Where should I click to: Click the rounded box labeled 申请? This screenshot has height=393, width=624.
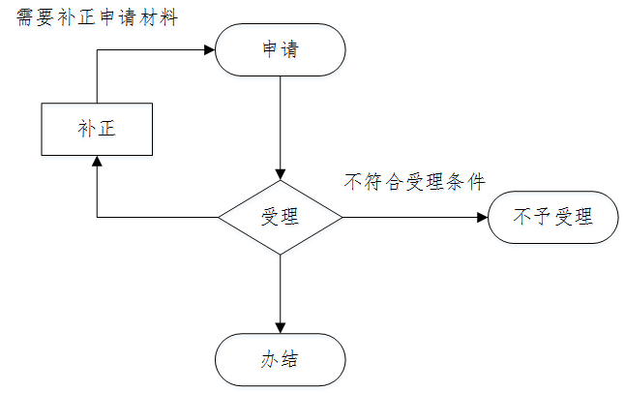coord(280,49)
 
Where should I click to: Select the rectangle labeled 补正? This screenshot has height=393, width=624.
coord(97,130)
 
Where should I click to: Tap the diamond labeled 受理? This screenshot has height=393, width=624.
coord(280,217)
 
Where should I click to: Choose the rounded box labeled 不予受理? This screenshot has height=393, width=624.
coord(553,217)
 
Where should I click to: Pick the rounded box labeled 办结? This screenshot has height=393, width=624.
coord(280,359)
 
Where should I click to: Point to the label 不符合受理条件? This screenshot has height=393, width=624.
coord(414,181)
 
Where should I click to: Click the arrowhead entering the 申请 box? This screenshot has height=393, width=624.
coord(208,49)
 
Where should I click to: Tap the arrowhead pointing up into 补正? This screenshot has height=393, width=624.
coord(97,162)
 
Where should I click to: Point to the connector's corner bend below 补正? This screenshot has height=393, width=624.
coord(97,217)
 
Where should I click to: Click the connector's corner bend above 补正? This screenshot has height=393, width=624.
coord(97,49)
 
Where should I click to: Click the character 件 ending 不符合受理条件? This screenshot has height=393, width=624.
coord(476,181)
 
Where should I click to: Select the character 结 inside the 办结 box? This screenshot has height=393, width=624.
coord(289,359)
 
